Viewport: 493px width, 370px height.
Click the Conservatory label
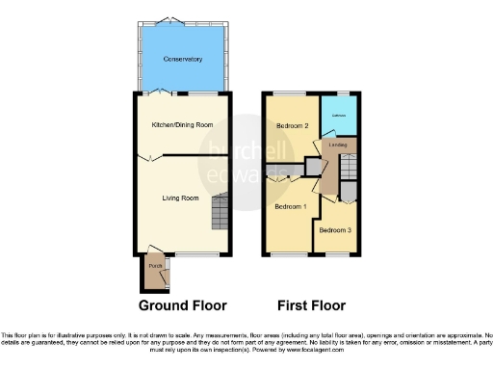[x=182, y=59]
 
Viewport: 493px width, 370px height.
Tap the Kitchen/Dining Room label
[x=182, y=125]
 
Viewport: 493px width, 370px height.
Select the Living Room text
[x=180, y=198]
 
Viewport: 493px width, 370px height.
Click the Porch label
[x=153, y=266]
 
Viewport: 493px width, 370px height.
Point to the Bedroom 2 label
[x=292, y=126]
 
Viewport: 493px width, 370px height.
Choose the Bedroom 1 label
[x=291, y=207]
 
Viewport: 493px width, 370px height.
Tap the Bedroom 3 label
[x=335, y=229]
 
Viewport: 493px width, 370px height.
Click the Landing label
[x=338, y=145]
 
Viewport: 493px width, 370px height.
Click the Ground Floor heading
[x=183, y=305]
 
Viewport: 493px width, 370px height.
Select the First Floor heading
[x=311, y=305]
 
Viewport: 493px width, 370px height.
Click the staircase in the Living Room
[x=221, y=210]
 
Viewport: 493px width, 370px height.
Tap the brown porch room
[x=154, y=274]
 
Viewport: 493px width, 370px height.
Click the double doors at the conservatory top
[x=169, y=20]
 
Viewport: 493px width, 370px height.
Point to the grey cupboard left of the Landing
[x=312, y=168]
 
